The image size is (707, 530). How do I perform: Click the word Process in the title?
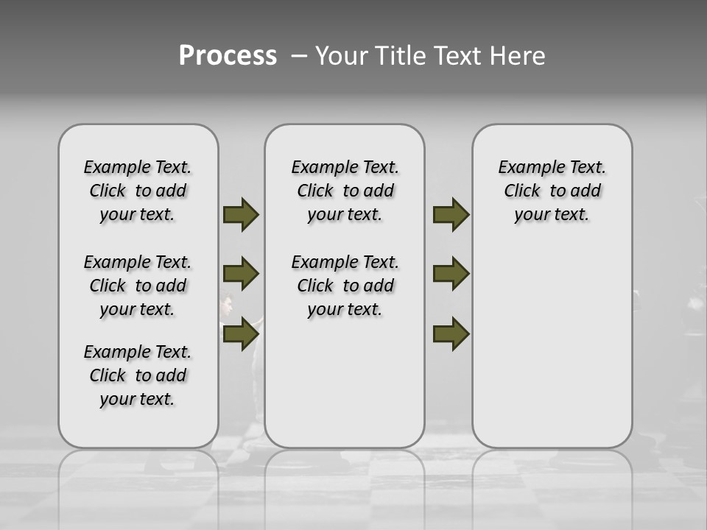[228, 56]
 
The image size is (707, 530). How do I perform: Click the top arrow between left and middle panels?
[241, 215]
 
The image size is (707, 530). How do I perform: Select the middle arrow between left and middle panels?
[241, 274]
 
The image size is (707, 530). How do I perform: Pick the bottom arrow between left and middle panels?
[241, 333]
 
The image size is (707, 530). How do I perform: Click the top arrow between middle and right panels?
[451, 215]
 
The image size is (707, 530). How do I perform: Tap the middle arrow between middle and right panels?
[451, 274]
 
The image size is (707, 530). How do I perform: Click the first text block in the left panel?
[138, 191]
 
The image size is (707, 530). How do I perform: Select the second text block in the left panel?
[138, 286]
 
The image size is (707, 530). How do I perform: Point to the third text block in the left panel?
[138, 375]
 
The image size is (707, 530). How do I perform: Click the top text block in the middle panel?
[345, 191]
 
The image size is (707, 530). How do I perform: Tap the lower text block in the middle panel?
[345, 286]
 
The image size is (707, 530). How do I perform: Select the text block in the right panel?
[552, 191]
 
